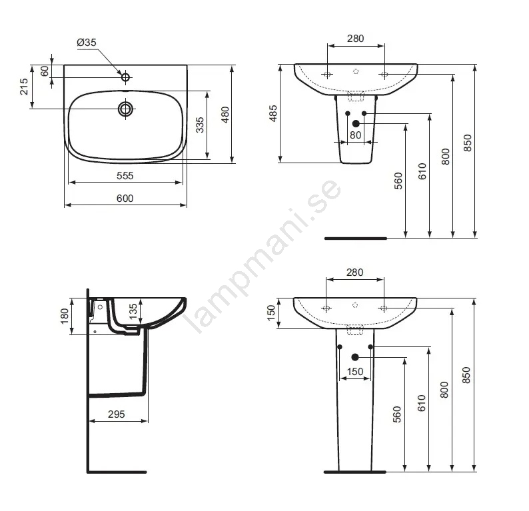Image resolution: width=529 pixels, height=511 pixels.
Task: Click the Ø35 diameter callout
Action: coord(87,43)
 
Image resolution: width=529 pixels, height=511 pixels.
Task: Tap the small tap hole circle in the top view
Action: coord(125,77)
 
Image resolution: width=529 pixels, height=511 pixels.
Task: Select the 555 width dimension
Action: coord(125,176)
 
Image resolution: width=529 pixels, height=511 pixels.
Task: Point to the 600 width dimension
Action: coord(125,199)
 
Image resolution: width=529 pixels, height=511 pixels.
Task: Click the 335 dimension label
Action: coord(200,125)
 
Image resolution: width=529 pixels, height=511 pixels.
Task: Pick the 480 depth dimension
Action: coord(225,115)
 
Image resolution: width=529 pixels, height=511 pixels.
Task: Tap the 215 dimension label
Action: coord(24,87)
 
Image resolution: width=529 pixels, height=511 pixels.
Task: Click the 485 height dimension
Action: coord(273,113)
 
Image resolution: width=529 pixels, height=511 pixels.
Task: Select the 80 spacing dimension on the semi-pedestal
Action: coord(356,135)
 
